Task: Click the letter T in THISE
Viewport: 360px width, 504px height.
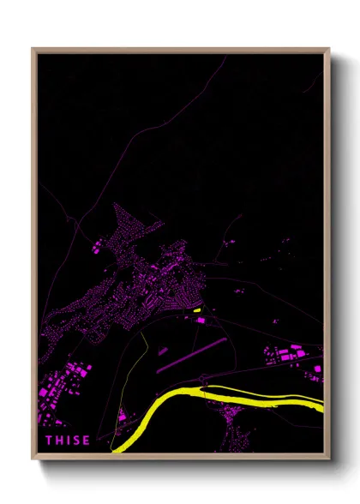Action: [x=50, y=441]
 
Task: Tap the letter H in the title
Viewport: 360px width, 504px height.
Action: [x=61, y=441]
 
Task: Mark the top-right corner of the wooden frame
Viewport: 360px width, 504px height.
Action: [x=328, y=49]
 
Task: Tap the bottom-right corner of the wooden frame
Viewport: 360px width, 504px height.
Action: [x=328, y=459]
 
